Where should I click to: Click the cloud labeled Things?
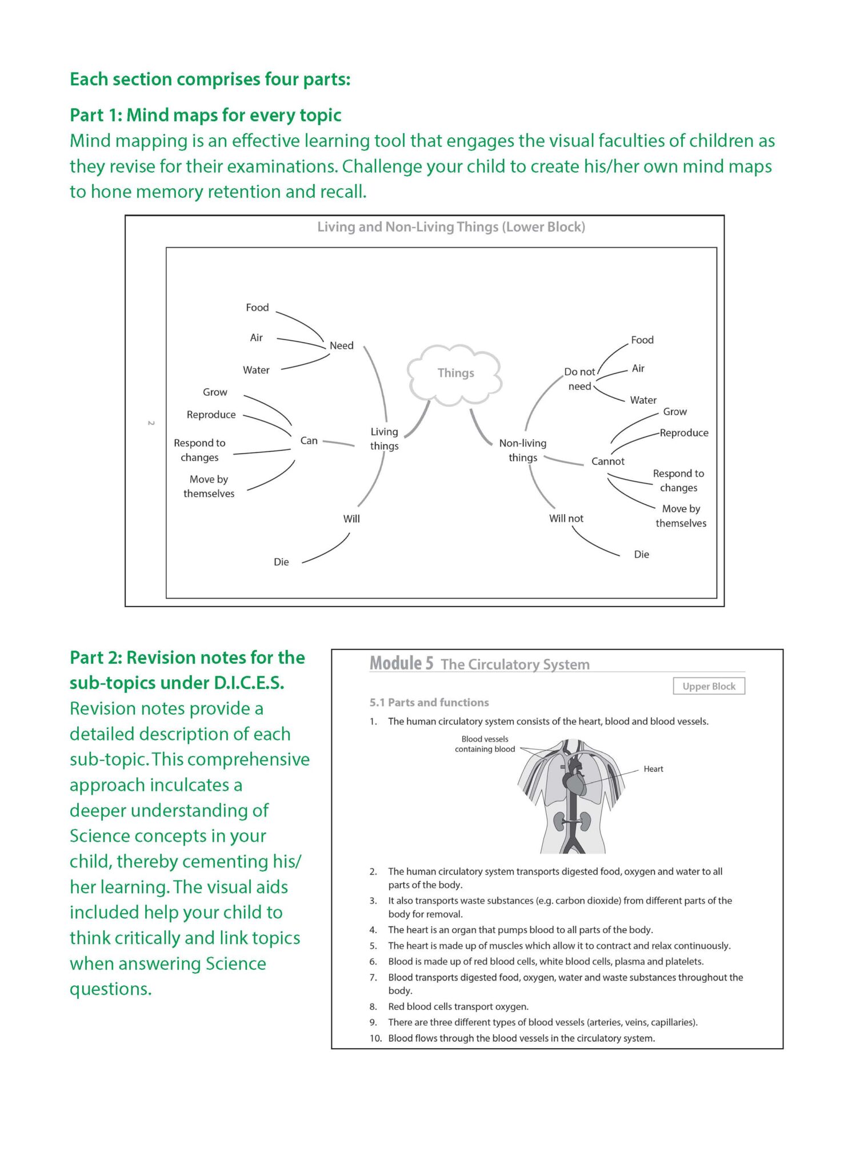tap(455, 373)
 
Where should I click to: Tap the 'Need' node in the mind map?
tap(341, 346)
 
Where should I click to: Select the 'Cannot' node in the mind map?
tap(607, 461)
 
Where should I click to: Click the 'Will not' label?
tap(566, 519)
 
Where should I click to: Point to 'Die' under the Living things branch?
tap(281, 562)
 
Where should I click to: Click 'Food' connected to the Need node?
tap(257, 308)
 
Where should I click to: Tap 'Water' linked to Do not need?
tap(643, 400)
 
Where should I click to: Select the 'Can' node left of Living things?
tap(309, 441)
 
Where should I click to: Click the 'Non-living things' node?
tap(522, 451)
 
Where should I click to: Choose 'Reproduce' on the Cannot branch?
tap(683, 433)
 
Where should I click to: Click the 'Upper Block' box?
tap(709, 686)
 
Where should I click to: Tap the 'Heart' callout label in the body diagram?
tap(653, 769)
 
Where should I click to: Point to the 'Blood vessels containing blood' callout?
tap(485, 744)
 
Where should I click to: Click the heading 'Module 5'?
tap(401, 663)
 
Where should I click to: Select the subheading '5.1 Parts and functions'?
tap(429, 703)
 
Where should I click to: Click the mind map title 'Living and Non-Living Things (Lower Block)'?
tap(451, 227)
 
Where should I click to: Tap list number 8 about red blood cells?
tap(373, 1006)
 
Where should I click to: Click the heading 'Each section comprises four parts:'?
tap(210, 79)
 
